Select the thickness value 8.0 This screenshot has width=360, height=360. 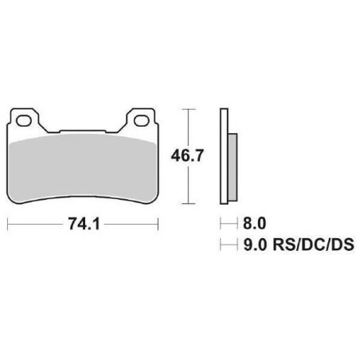pyautogui.click(x=248, y=225)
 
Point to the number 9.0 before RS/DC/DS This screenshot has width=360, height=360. pyautogui.click(x=248, y=246)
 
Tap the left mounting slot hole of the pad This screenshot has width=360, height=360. pyautogui.click(x=28, y=121)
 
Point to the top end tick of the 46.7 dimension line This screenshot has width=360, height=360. pyautogui.click(x=187, y=108)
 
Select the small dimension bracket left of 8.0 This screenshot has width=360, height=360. pyautogui.click(x=223, y=225)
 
